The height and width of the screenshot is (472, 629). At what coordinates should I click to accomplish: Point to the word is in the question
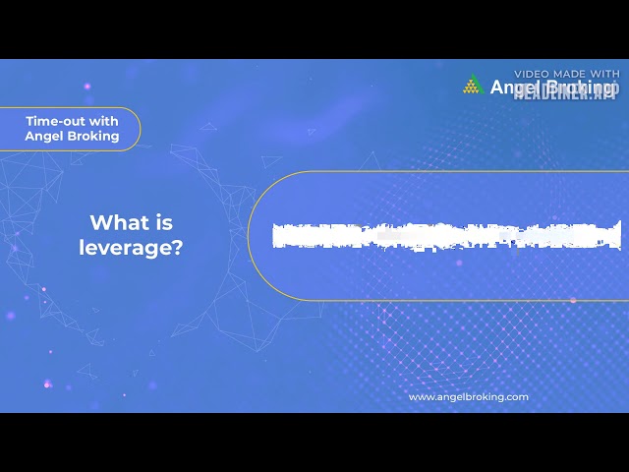(164, 222)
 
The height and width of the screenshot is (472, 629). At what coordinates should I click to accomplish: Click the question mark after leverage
(177, 248)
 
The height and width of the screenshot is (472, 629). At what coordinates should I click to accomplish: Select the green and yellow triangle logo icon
(473, 86)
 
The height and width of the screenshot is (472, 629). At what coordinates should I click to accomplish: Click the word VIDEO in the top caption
(535, 74)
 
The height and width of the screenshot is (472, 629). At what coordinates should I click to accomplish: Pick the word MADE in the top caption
(573, 74)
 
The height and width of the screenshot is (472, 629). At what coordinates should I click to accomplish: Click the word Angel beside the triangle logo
(511, 88)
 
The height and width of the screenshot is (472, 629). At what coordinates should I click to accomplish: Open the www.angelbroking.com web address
(468, 397)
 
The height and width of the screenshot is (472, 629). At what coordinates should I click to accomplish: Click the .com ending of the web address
(518, 397)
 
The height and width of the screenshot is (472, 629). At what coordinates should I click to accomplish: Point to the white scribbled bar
(447, 235)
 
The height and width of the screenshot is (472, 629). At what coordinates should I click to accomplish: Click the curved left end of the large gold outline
(249, 236)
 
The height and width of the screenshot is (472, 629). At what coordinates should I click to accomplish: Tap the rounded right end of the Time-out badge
(139, 129)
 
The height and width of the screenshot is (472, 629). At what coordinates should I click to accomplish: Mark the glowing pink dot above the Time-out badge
(86, 88)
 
